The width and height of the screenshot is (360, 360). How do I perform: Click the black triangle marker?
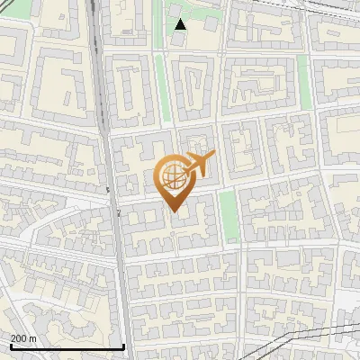pyautogui.click(x=180, y=23)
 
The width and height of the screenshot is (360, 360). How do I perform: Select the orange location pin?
pyautogui.click(x=175, y=181)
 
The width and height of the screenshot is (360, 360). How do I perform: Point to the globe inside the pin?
pyautogui.click(x=175, y=178)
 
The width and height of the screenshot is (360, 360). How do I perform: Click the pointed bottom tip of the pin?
pyautogui.click(x=175, y=211)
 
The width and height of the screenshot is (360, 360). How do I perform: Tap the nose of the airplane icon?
pyautogui.click(x=212, y=156)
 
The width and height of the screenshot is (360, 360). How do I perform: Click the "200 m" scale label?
pyautogui.click(x=24, y=338)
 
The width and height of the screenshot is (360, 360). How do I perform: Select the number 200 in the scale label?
pyautogui.click(x=20, y=338)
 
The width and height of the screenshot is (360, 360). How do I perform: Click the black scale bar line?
pyautogui.click(x=67, y=346)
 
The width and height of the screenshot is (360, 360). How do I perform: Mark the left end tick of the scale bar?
pyautogui.click(x=10, y=345)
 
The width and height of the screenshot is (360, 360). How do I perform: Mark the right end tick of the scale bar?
pyautogui.click(x=123, y=345)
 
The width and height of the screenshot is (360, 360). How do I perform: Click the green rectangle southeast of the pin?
pyautogui.click(x=230, y=216)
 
